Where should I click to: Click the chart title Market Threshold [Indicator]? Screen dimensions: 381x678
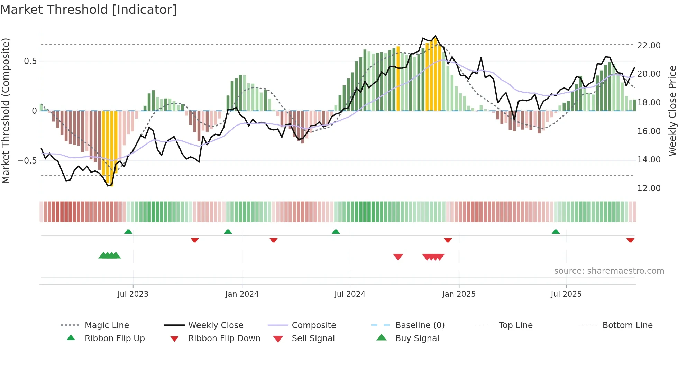pyautogui.click(x=89, y=10)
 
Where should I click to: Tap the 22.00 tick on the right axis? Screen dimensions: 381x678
pyautogui.click(x=649, y=45)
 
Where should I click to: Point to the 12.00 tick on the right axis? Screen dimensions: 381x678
pyautogui.click(x=649, y=188)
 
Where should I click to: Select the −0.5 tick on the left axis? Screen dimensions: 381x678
pyautogui.click(x=27, y=161)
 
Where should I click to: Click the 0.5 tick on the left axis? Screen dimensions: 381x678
pyautogui.click(x=30, y=61)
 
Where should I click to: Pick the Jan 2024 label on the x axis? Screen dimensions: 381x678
pyautogui.click(x=242, y=294)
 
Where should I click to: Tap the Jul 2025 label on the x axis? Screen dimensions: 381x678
pyautogui.click(x=566, y=294)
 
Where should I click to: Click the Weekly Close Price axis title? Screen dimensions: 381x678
pyautogui.click(x=672, y=111)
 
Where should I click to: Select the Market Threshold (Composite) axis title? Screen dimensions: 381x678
pyautogui.click(x=6, y=111)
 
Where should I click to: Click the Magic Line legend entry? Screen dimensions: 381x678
pyautogui.click(x=107, y=325)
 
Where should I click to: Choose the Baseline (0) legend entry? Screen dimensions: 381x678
pyautogui.click(x=420, y=325)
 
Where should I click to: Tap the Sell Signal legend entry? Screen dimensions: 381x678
pyautogui.click(x=313, y=338)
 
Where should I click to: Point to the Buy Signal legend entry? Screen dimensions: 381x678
pyautogui.click(x=417, y=338)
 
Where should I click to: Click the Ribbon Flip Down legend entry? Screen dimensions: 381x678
pyautogui.click(x=224, y=338)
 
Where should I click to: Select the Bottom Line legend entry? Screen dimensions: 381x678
pyautogui.click(x=627, y=325)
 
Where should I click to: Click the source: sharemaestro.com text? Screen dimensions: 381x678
pyautogui.click(x=609, y=271)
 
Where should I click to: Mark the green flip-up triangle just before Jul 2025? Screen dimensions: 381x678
pyautogui.click(x=556, y=232)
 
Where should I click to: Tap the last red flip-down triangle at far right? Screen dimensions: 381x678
pyautogui.click(x=630, y=240)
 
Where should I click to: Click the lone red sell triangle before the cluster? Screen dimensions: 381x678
pyautogui.click(x=398, y=257)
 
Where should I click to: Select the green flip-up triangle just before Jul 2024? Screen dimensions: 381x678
pyautogui.click(x=336, y=232)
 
